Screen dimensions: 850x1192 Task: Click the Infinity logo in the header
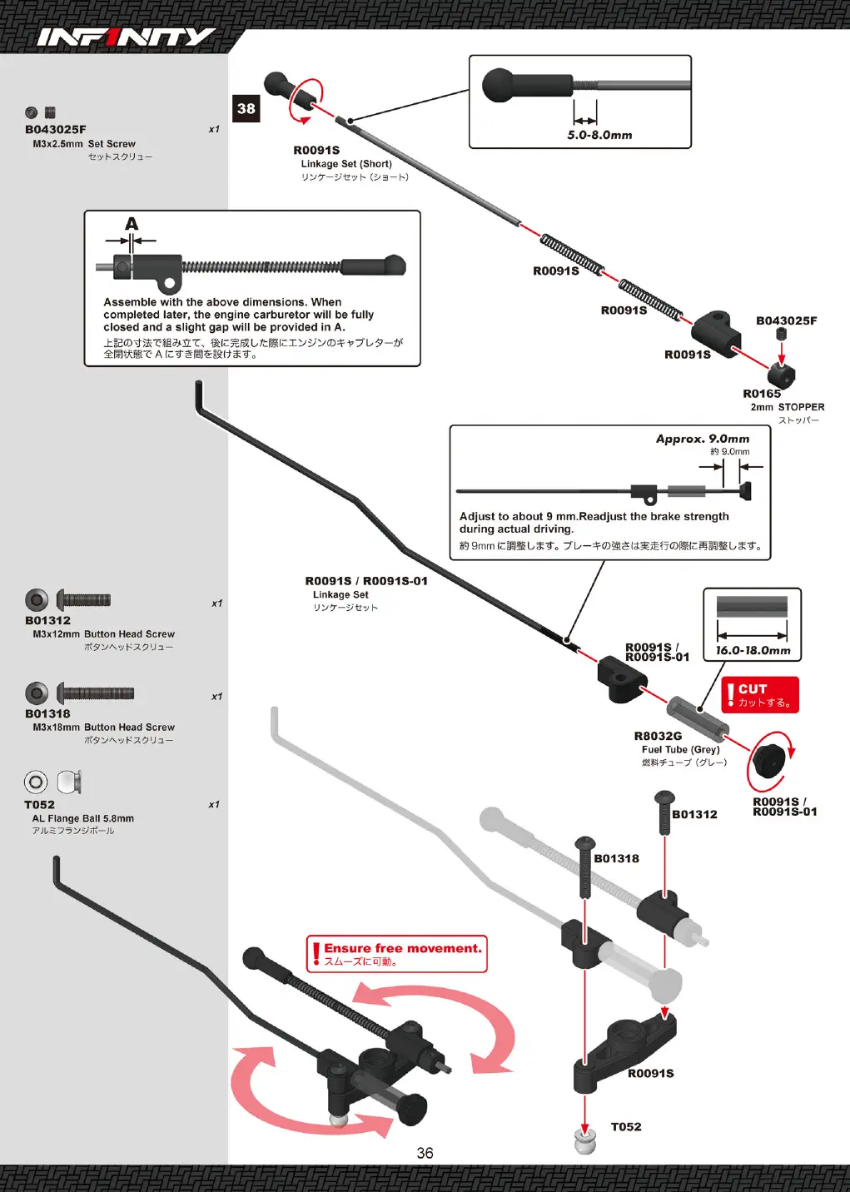point(127,37)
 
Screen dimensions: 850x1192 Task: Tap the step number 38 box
point(246,108)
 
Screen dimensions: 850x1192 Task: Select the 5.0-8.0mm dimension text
point(600,135)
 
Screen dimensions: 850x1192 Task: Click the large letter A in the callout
point(132,223)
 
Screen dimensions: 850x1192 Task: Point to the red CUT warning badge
point(760,694)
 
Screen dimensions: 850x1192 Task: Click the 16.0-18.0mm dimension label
point(753,650)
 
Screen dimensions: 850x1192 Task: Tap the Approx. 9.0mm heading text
point(703,439)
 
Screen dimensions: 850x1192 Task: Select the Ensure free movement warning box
point(396,954)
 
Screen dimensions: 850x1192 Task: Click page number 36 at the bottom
point(425,1153)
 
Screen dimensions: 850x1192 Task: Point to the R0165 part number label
point(762,394)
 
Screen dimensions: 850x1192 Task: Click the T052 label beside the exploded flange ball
point(626,1126)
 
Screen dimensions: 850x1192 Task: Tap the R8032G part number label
point(658,736)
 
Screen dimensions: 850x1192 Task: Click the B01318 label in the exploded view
point(616,858)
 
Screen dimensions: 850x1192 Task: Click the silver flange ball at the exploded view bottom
point(585,1142)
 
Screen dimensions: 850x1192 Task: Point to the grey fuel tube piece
point(698,716)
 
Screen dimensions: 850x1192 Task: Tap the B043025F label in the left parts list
point(55,129)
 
